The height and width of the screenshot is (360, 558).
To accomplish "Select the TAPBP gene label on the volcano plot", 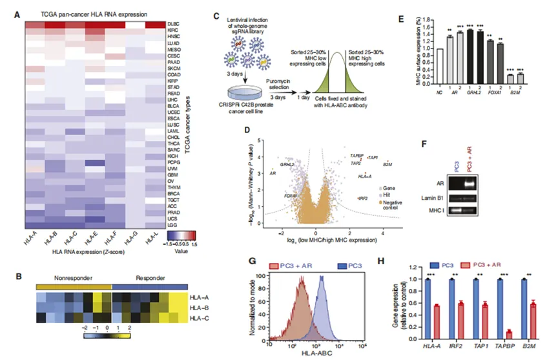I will (356, 156).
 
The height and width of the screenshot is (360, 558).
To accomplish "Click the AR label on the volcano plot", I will (273, 173).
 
